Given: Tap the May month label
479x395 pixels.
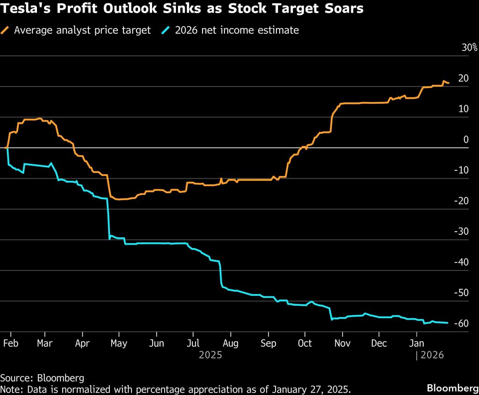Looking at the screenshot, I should point(119,344).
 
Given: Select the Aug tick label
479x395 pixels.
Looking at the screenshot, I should point(230,344).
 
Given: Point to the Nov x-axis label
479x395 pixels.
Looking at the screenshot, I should point(342,344).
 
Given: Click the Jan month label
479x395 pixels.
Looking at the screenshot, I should point(417,344).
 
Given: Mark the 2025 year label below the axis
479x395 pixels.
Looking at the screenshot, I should point(210,355).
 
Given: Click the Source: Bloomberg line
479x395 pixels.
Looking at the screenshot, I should point(42,378).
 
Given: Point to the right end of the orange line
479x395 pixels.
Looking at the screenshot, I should point(449,83).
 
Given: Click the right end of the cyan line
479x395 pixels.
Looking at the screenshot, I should point(448,322).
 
